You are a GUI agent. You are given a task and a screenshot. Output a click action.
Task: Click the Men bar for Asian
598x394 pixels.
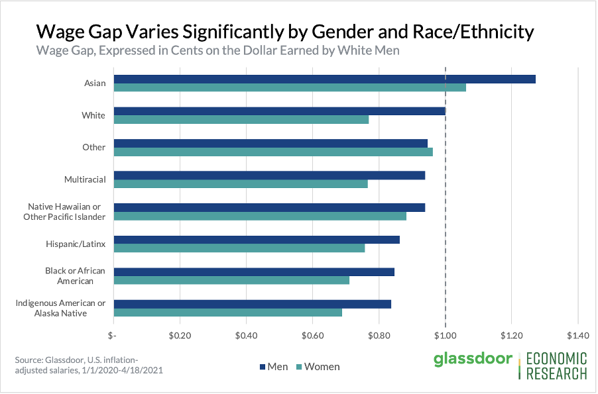pos(325,79)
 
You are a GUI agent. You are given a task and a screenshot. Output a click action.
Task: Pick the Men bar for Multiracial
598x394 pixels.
pos(269,175)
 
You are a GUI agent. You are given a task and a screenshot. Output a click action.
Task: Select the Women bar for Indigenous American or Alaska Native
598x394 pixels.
pos(228,312)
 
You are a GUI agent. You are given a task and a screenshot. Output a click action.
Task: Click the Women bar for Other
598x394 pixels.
pos(273,152)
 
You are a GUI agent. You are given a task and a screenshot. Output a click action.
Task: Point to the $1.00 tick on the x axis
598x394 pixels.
pos(445,335)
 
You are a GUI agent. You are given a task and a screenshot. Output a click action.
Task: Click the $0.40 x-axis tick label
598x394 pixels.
pos(246,335)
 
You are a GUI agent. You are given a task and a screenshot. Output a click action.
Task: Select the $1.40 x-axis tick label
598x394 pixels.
pos(577,335)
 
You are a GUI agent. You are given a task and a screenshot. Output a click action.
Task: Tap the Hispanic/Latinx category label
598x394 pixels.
pos(76,244)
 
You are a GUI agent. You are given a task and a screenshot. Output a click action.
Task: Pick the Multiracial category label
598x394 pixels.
pos(84,179)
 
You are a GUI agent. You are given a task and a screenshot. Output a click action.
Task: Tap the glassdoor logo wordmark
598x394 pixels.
pos(473,360)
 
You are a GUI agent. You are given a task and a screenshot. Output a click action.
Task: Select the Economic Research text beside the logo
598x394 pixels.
pos(556,366)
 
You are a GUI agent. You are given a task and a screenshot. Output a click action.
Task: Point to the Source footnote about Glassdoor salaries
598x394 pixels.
pos(89,365)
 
